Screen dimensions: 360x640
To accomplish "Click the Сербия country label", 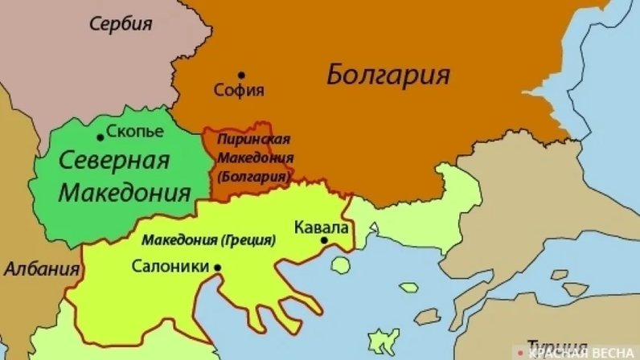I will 121,24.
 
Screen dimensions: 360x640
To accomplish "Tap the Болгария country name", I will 388,76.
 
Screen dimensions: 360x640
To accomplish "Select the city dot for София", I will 240,75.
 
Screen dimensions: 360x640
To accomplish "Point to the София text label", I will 239,91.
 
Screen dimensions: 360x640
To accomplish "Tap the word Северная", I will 114,160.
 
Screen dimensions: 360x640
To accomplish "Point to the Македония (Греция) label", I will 208,239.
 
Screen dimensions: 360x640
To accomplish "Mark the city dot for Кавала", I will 324,239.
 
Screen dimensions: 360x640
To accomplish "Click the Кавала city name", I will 322,227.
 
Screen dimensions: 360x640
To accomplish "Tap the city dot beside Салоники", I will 218,267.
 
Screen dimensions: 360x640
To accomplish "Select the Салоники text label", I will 170,266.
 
